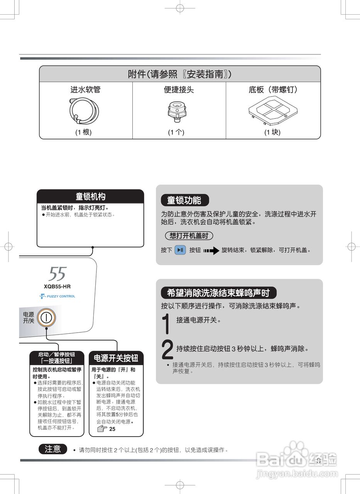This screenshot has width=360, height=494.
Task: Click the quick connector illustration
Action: [x=177, y=110]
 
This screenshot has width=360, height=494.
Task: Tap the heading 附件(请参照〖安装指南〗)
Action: [x=180, y=74]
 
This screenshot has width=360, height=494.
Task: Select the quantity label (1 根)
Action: [x=83, y=132]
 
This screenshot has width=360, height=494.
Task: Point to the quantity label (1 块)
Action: [x=272, y=132]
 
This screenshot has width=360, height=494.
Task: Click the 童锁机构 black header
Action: [x=90, y=196]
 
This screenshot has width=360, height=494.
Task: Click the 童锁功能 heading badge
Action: [x=184, y=200]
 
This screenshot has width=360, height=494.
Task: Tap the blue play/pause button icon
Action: [x=180, y=250]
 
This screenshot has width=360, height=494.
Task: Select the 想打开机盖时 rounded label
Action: [x=189, y=235]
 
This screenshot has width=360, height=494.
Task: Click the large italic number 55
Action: [x=57, y=274]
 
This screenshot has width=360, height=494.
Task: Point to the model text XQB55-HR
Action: [x=57, y=287]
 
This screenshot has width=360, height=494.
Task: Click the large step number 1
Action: [x=166, y=323]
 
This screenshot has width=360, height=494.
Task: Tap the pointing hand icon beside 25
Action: [x=101, y=429]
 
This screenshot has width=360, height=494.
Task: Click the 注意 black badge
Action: [x=53, y=449]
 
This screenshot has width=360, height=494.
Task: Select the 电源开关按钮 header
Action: [x=116, y=358]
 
